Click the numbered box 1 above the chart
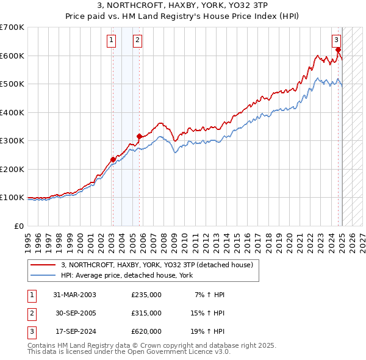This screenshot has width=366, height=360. click(112, 41)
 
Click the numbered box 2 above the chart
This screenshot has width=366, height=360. click(138, 41)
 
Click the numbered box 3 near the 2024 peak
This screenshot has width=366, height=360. click(337, 41)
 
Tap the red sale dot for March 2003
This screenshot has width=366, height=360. click(113, 160)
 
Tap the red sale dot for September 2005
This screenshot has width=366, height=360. click(139, 136)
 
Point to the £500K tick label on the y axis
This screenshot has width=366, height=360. click(12, 84)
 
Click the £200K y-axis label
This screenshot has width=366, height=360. click(12, 169)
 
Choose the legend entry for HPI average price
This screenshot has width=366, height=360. click(126, 275)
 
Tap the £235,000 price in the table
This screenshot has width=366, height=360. click(146, 295)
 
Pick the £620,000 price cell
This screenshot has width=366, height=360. click(146, 331)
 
